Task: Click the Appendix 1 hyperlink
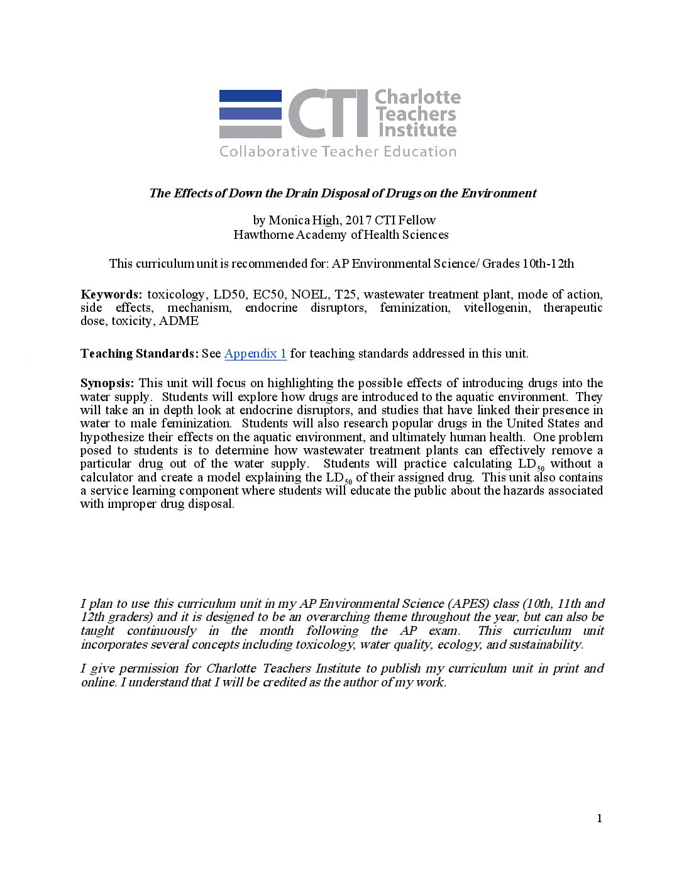click(x=255, y=353)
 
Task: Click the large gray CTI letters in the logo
click(x=328, y=113)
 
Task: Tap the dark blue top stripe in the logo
click(x=250, y=96)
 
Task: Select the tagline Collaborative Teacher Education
click(x=338, y=151)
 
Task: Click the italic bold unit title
click(x=342, y=193)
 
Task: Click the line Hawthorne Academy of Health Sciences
click(x=341, y=234)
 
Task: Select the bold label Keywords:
click(x=111, y=294)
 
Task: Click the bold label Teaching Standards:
click(x=139, y=353)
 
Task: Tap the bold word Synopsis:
click(x=107, y=383)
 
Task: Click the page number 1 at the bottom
click(x=599, y=818)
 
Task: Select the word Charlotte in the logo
click(x=417, y=97)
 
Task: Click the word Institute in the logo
click(x=417, y=130)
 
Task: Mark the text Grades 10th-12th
click(x=528, y=263)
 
